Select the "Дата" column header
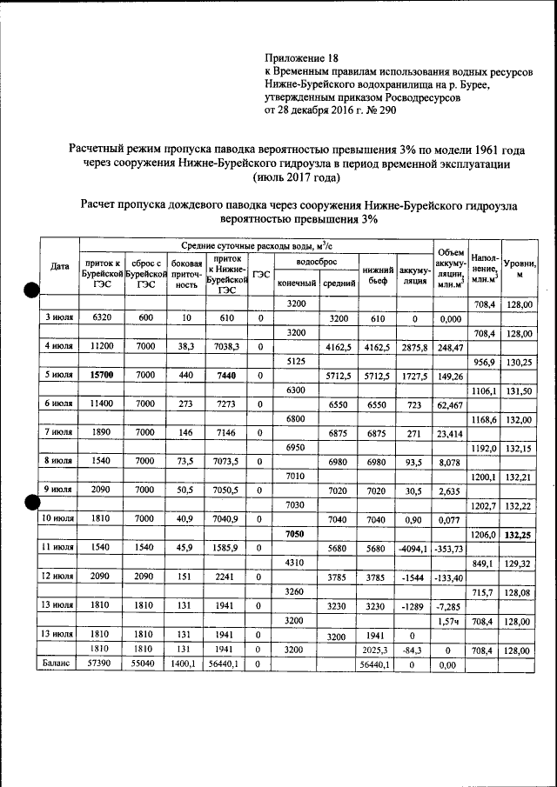[60, 266]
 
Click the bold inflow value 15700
[102, 377]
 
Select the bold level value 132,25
[520, 534]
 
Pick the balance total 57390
[102, 664]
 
